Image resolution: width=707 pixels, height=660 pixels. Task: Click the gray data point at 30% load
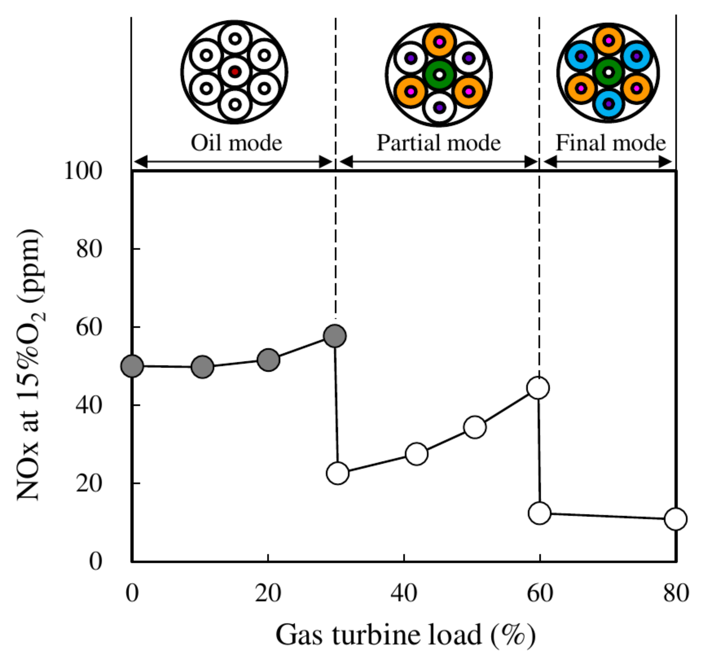click(x=335, y=336)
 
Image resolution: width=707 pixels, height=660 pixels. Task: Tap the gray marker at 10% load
click(x=202, y=367)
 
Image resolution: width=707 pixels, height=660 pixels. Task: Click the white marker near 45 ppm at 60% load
click(x=538, y=388)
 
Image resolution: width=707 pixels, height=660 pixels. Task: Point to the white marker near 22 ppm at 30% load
click(x=337, y=473)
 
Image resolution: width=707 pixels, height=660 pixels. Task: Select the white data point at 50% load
click(x=475, y=427)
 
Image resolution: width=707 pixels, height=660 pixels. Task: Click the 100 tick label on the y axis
click(x=83, y=171)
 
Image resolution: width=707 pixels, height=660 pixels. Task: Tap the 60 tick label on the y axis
click(x=89, y=327)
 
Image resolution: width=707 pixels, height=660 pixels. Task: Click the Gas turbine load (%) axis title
click(x=405, y=635)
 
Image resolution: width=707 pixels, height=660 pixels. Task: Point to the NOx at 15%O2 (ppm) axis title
click(x=31, y=364)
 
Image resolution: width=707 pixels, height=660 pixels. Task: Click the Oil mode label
click(x=237, y=143)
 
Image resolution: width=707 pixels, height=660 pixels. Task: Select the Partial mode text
click(x=439, y=143)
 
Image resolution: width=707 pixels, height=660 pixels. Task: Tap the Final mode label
click(x=611, y=143)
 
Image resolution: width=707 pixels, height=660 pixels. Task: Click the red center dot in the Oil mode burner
click(x=235, y=72)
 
